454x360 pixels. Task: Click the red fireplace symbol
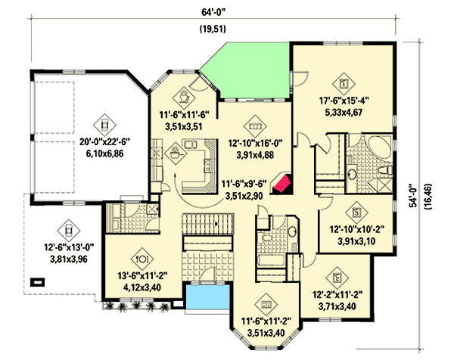tap(284, 185)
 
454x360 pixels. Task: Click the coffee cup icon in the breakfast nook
tap(184, 96)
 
